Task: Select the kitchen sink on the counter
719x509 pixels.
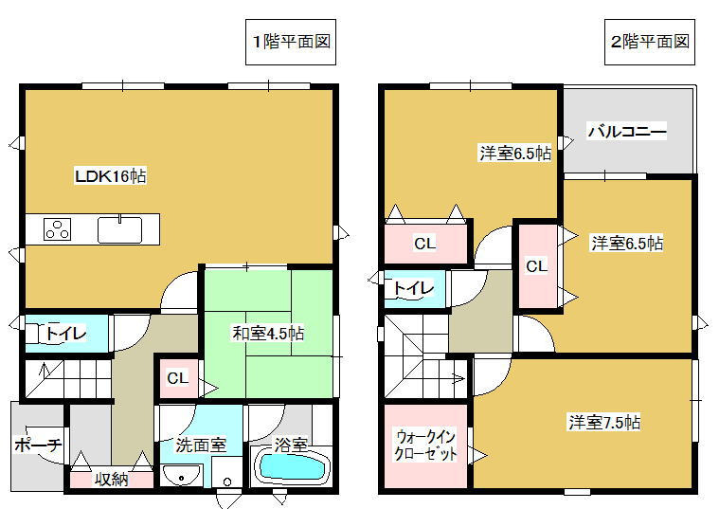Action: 119,229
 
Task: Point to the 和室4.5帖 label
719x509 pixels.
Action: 269,334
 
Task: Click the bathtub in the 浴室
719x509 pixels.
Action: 292,467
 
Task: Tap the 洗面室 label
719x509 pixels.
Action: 200,444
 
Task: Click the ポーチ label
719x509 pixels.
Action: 38,445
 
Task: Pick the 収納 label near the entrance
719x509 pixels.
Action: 110,480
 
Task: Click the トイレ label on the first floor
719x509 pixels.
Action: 66,334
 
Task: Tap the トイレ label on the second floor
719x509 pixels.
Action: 413,287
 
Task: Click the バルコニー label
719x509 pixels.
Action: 626,132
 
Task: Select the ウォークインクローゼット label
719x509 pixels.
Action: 426,445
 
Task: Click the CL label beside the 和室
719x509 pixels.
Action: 177,379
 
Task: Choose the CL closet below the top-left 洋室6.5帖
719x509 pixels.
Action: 424,244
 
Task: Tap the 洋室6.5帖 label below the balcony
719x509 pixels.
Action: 627,244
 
